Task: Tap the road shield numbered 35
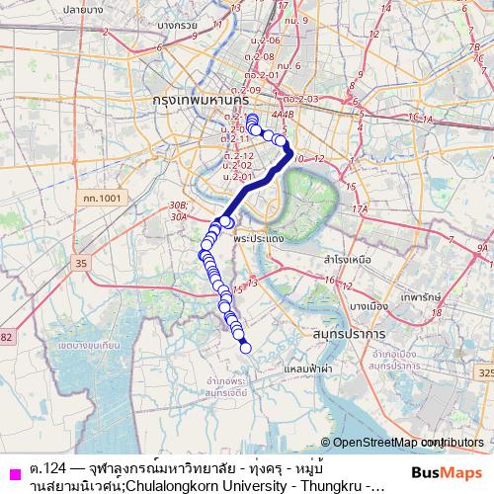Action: point(81,263)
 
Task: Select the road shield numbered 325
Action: point(483,374)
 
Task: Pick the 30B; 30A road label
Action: point(179,209)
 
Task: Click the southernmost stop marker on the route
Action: point(246,346)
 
